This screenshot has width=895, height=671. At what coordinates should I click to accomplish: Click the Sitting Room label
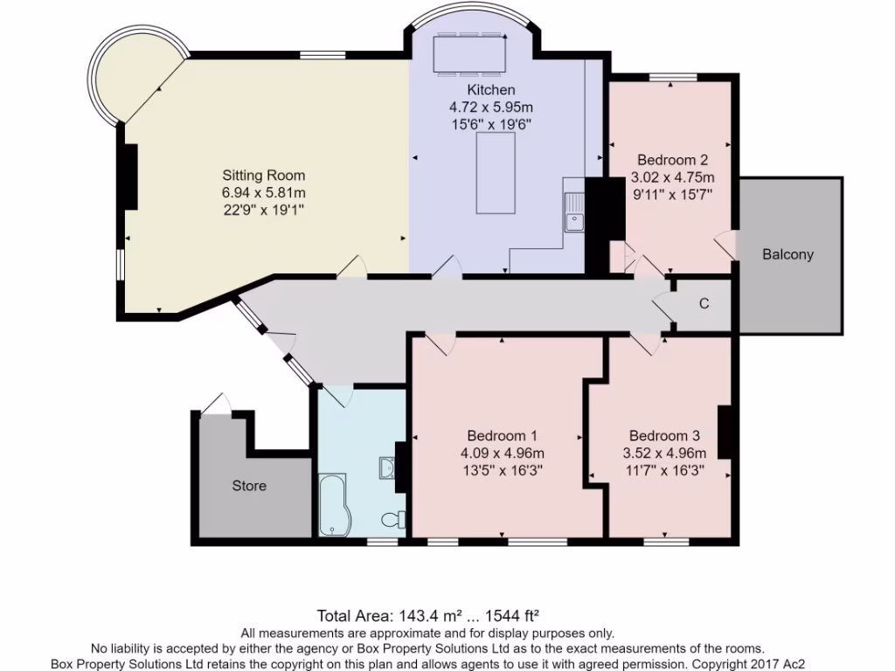263,175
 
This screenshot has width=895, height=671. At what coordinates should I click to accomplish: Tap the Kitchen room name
491,90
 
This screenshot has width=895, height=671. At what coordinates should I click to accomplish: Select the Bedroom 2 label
672,160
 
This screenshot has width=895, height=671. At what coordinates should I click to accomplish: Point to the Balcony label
787,255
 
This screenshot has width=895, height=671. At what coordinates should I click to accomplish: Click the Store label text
249,485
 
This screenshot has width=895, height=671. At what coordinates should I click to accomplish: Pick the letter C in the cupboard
704,304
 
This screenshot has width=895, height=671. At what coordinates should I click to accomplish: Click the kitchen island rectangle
496,173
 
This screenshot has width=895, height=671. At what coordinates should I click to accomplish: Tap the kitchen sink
574,213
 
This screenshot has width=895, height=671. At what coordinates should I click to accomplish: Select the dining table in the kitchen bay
469,54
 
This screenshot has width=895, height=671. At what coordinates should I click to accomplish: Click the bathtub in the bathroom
333,505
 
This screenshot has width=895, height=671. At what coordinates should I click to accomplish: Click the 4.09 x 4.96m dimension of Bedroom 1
502,453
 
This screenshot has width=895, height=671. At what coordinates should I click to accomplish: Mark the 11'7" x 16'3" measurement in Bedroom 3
663,470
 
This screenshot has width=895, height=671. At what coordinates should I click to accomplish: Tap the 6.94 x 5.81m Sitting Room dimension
263,192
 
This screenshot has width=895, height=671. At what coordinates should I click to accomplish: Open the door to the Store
215,404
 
